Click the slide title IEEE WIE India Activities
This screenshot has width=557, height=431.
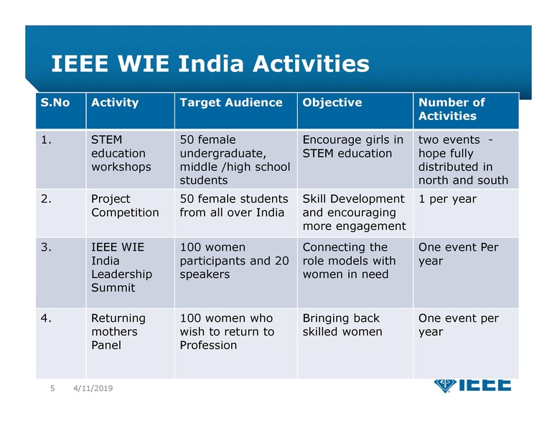coord(210,65)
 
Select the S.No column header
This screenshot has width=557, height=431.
coord(55,103)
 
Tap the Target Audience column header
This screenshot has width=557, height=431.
coord(231,103)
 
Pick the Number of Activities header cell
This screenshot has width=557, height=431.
coord(451,109)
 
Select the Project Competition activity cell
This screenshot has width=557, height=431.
coord(125,205)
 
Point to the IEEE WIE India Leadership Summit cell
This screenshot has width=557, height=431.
coord(121,267)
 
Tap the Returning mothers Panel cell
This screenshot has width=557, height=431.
coord(118,331)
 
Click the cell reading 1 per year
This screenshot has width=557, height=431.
coord(447,199)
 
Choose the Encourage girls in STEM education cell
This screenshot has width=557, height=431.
coord(352,147)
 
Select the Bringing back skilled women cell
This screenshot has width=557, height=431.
coord(342,325)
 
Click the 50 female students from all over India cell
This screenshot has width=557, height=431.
coord(233,205)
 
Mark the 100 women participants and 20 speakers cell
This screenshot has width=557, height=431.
coord(234,261)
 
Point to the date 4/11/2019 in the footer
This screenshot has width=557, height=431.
coord(93,389)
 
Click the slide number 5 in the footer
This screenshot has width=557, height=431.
coord(52,389)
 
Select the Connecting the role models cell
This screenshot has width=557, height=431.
coord(349,261)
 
